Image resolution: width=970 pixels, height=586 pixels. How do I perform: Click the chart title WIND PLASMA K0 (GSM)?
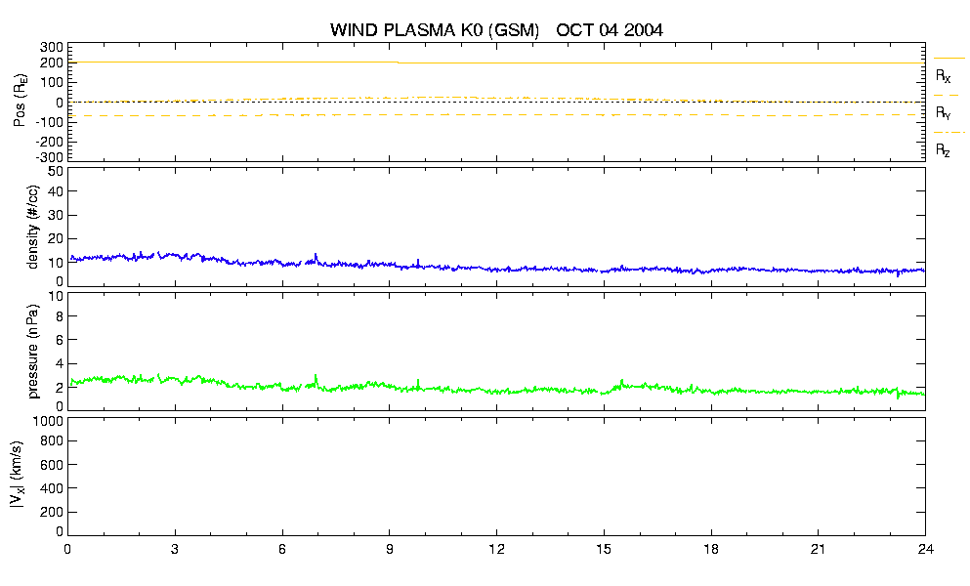(x=435, y=30)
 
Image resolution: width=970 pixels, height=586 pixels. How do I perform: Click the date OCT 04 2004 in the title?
(x=610, y=30)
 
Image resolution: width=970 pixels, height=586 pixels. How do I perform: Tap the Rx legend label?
(x=943, y=76)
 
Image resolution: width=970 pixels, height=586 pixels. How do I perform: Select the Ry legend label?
(x=943, y=113)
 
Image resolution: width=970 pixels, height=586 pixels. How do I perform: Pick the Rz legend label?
(x=943, y=150)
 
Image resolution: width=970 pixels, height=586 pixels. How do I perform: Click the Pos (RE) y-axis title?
(x=20, y=101)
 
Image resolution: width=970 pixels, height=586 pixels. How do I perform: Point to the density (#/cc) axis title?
(x=32, y=228)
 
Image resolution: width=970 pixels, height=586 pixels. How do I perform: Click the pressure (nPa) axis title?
(x=32, y=351)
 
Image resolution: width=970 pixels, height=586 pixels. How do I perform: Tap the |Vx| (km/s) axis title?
(x=18, y=476)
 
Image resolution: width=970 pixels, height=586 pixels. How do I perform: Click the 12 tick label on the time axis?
(x=496, y=549)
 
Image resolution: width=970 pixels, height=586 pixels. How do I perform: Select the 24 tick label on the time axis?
(x=925, y=549)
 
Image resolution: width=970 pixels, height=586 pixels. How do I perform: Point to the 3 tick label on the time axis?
(x=175, y=549)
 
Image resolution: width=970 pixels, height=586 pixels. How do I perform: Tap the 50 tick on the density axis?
(x=56, y=172)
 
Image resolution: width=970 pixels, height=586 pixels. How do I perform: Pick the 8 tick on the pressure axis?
(x=60, y=316)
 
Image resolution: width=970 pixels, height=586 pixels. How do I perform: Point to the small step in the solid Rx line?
(x=399, y=63)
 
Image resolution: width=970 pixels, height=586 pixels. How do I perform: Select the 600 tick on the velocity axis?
(x=53, y=465)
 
